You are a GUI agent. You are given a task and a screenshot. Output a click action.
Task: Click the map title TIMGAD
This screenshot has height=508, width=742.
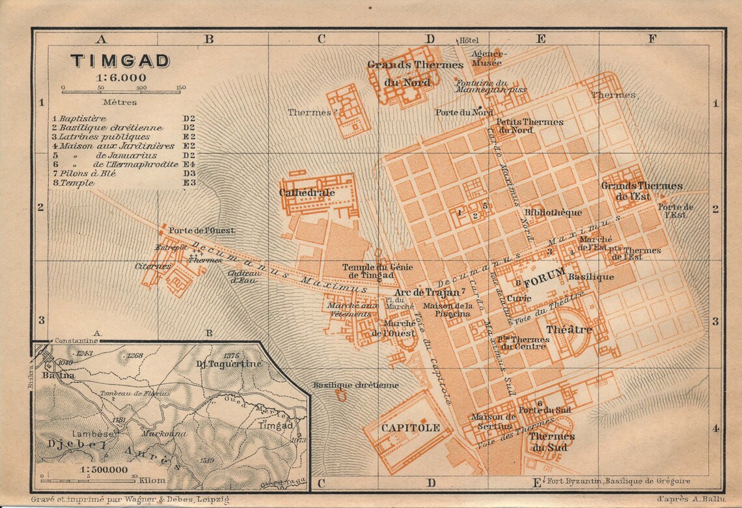click(x=120, y=61)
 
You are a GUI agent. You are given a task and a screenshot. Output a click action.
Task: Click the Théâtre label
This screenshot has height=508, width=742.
click(x=569, y=330)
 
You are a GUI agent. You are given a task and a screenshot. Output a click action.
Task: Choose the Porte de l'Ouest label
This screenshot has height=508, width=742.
click(x=201, y=231)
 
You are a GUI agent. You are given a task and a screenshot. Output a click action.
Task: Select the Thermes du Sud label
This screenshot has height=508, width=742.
click(x=552, y=441)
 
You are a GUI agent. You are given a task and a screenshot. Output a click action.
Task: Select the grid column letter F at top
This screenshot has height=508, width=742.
click(x=652, y=38)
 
